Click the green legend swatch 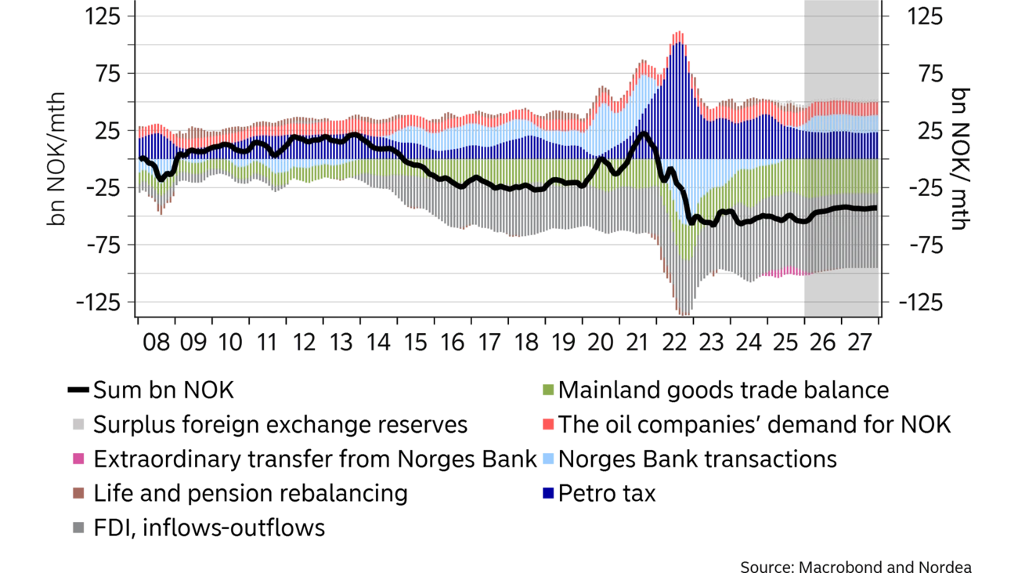pyautogui.click(x=548, y=390)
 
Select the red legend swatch pyautogui.click(x=548, y=424)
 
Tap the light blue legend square pyautogui.click(x=548, y=460)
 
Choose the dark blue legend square pyautogui.click(x=548, y=492)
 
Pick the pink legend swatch pyautogui.click(x=78, y=459)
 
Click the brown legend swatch pyautogui.click(x=78, y=493)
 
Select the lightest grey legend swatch pyautogui.click(x=78, y=424)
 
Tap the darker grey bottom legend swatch pyautogui.click(x=78, y=530)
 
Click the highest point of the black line pyautogui.click(x=643, y=133)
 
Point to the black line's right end pyautogui.click(x=875, y=208)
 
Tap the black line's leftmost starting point pyautogui.click(x=139, y=158)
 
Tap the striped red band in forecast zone pyautogui.click(x=842, y=108)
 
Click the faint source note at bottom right pyautogui.click(x=857, y=565)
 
